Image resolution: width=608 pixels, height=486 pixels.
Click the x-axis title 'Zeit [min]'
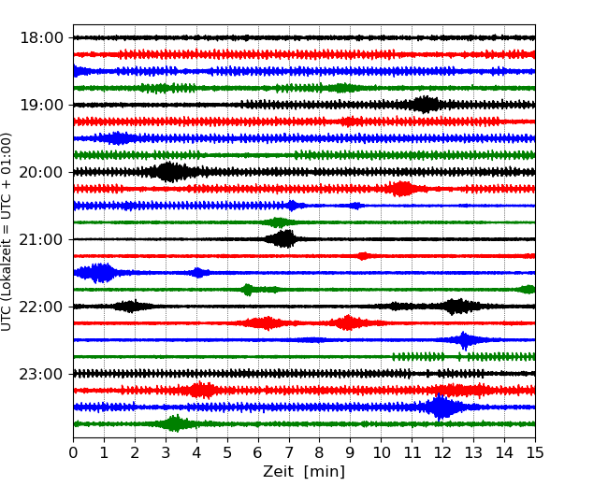click(x=303, y=472)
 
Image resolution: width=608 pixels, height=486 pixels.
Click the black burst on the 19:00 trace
click(x=426, y=104)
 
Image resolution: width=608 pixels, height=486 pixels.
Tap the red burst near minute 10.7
click(x=403, y=189)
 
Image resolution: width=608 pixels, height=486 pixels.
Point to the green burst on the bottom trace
click(x=175, y=423)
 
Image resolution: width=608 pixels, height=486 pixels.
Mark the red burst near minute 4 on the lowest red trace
click(x=200, y=390)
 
